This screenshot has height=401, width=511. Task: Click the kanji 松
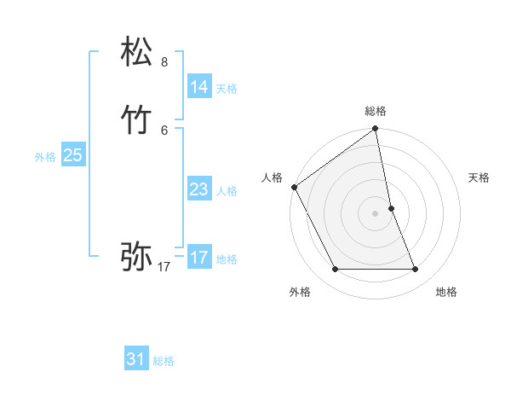pos(138,53)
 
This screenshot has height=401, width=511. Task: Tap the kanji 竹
pos(138,120)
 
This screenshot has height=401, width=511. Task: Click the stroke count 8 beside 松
pos(164,62)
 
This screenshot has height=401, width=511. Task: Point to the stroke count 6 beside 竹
pos(164,130)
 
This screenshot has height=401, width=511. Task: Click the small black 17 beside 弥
pos(164,267)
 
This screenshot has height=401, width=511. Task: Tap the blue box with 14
pos(198,87)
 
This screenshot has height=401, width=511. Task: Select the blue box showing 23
pos(198,189)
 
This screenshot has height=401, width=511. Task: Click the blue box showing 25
pos(72,155)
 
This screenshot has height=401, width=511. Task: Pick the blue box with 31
pos(136,359)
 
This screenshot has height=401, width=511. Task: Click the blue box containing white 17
pos(198,258)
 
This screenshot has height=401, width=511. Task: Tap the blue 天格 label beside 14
pos(227,89)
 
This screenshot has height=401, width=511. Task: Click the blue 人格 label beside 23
pos(227,191)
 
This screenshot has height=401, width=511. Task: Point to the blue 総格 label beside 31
pos(164,361)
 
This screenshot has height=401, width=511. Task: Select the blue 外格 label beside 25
pos(45,157)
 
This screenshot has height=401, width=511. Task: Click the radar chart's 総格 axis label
pos(376,111)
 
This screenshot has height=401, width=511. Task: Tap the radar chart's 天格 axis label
pos(479,177)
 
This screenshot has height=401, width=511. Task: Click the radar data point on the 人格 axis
pos(295,187)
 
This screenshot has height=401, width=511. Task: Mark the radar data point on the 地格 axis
pos(416,270)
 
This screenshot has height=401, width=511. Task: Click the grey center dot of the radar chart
pos(376,213)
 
